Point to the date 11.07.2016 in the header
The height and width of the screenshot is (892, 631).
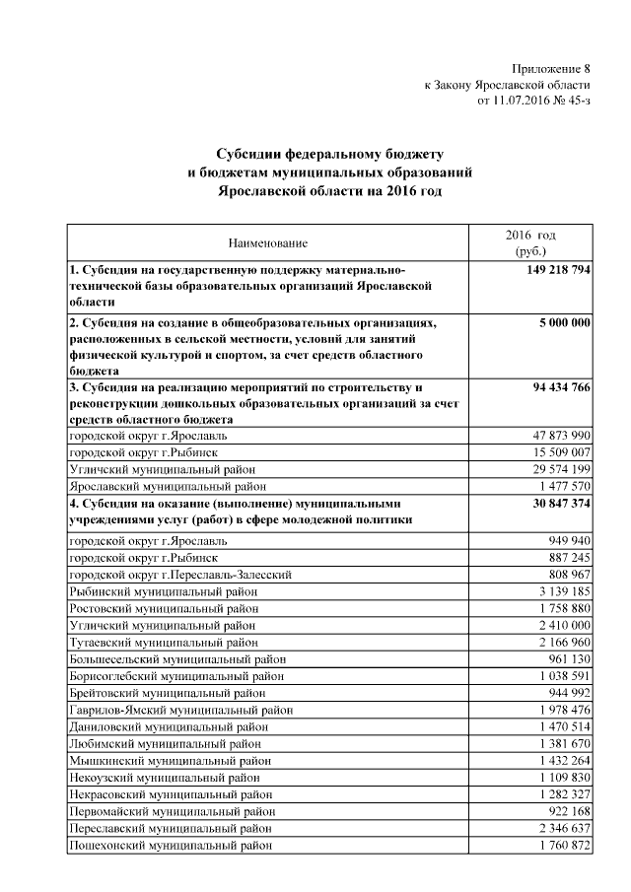526,100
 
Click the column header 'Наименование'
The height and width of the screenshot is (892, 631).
267,242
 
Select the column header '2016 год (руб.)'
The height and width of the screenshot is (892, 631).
530,243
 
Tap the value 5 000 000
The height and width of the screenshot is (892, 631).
565,323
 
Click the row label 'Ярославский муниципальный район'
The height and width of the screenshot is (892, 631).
167,486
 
